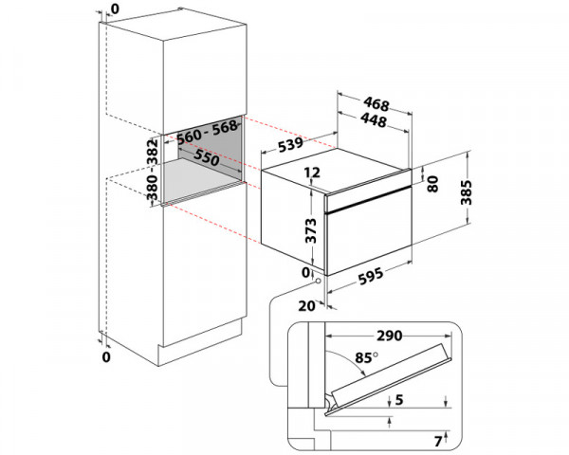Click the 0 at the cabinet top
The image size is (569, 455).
pos(115,9)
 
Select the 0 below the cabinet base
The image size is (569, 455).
pos(106,357)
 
